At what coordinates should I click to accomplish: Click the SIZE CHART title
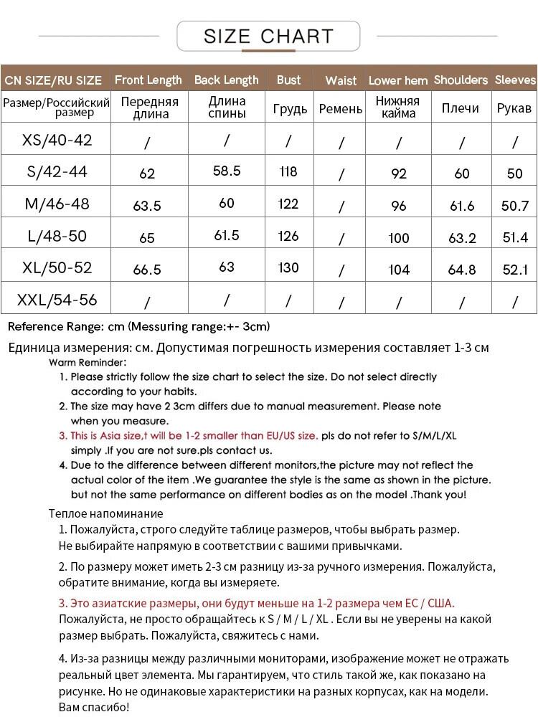(x=268, y=37)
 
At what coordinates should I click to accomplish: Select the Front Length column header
(x=148, y=80)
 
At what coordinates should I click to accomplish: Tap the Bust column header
(x=288, y=80)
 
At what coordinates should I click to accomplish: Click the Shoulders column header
(x=461, y=80)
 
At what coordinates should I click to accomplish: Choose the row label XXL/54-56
(x=57, y=299)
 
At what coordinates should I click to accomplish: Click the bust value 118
(x=288, y=171)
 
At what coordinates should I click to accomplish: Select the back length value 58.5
(x=227, y=171)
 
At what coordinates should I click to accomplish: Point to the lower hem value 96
(x=399, y=206)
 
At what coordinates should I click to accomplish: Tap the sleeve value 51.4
(x=515, y=237)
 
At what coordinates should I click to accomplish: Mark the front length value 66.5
(x=147, y=270)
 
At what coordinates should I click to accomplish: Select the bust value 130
(x=288, y=267)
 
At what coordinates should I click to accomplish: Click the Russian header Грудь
(x=290, y=109)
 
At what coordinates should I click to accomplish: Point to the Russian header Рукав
(x=514, y=108)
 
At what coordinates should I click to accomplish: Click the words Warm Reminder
(x=88, y=363)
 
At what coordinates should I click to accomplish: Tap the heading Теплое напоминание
(x=105, y=513)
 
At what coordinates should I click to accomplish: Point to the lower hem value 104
(x=399, y=270)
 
